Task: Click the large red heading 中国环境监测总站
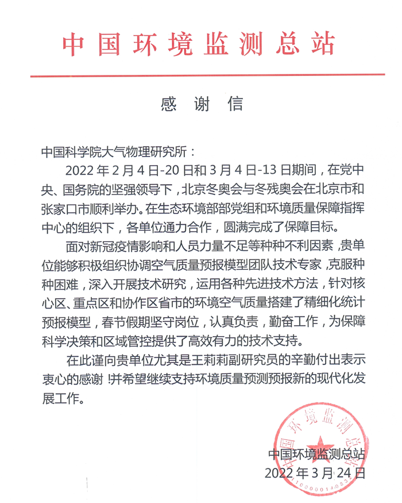tap(198, 43)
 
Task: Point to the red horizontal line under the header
tap(207, 75)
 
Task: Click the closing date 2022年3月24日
tap(315, 473)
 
